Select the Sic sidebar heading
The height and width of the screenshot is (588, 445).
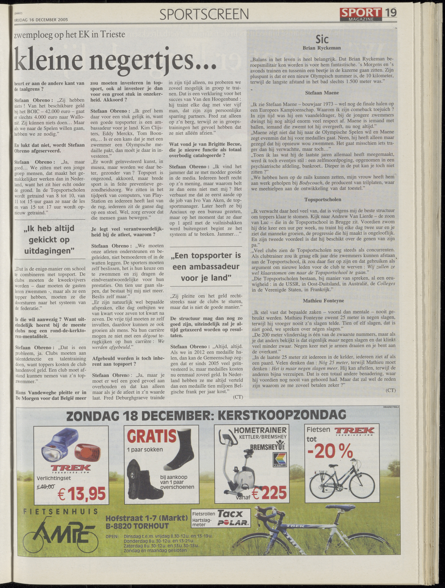(322, 40)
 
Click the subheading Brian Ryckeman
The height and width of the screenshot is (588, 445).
(322, 48)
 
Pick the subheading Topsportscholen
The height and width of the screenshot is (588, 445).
(323, 199)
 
